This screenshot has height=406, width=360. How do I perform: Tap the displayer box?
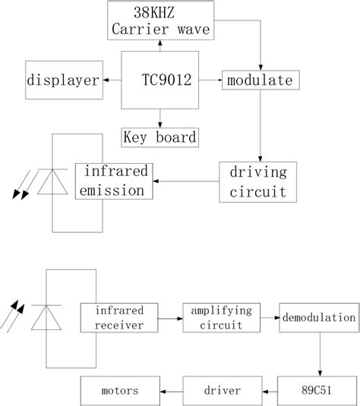(64, 80)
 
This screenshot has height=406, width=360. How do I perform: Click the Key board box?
(159, 137)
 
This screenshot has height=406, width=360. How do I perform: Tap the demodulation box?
(317, 317)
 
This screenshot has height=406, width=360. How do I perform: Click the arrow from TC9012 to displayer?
(112, 80)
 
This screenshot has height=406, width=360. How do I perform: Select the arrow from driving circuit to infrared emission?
(185, 181)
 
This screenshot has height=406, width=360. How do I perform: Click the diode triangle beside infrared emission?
(52, 182)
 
